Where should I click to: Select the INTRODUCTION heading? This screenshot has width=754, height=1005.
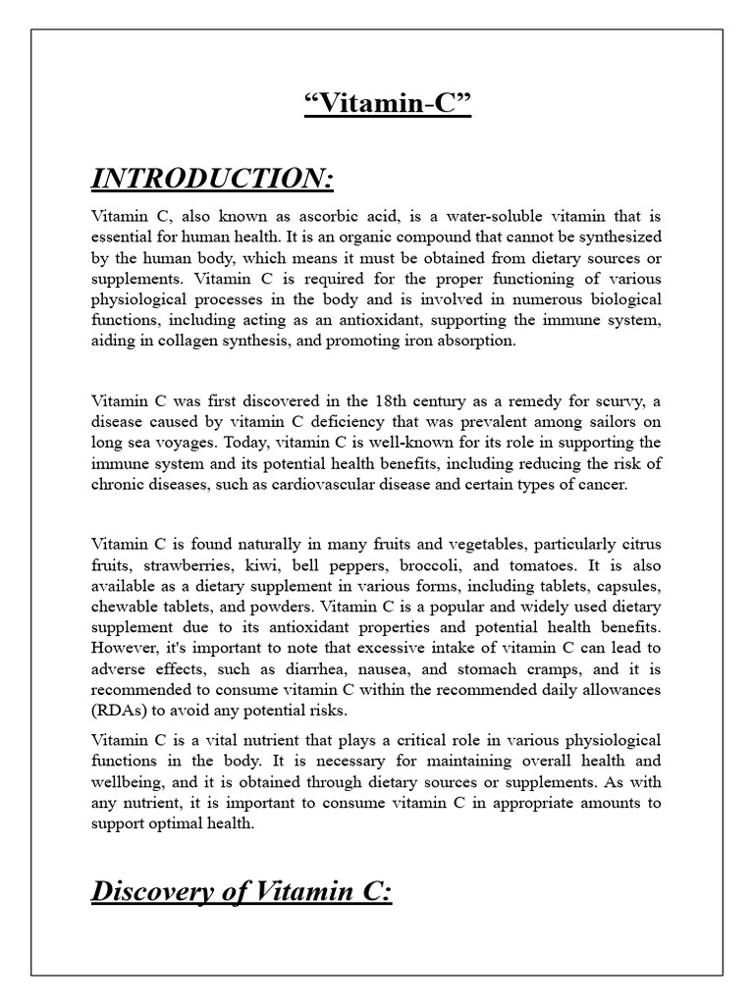click(213, 179)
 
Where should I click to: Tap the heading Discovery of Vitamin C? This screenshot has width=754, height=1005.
click(242, 894)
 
